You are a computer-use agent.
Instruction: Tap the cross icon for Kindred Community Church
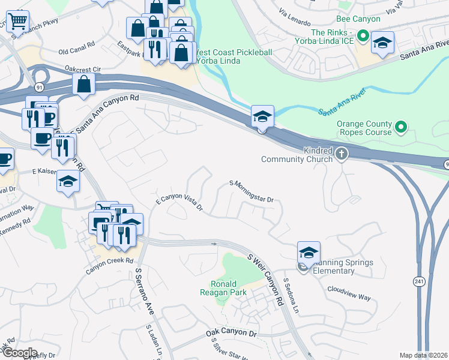click(342, 154)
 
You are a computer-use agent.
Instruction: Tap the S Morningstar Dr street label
click(252, 191)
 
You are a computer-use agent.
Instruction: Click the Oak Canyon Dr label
click(231, 333)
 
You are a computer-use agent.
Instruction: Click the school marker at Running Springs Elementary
click(309, 253)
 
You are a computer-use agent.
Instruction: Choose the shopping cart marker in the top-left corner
click(17, 21)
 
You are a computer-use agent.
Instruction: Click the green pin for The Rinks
click(363, 37)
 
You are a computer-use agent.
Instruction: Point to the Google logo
click(20, 353)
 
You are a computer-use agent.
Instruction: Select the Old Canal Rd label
click(77, 45)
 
